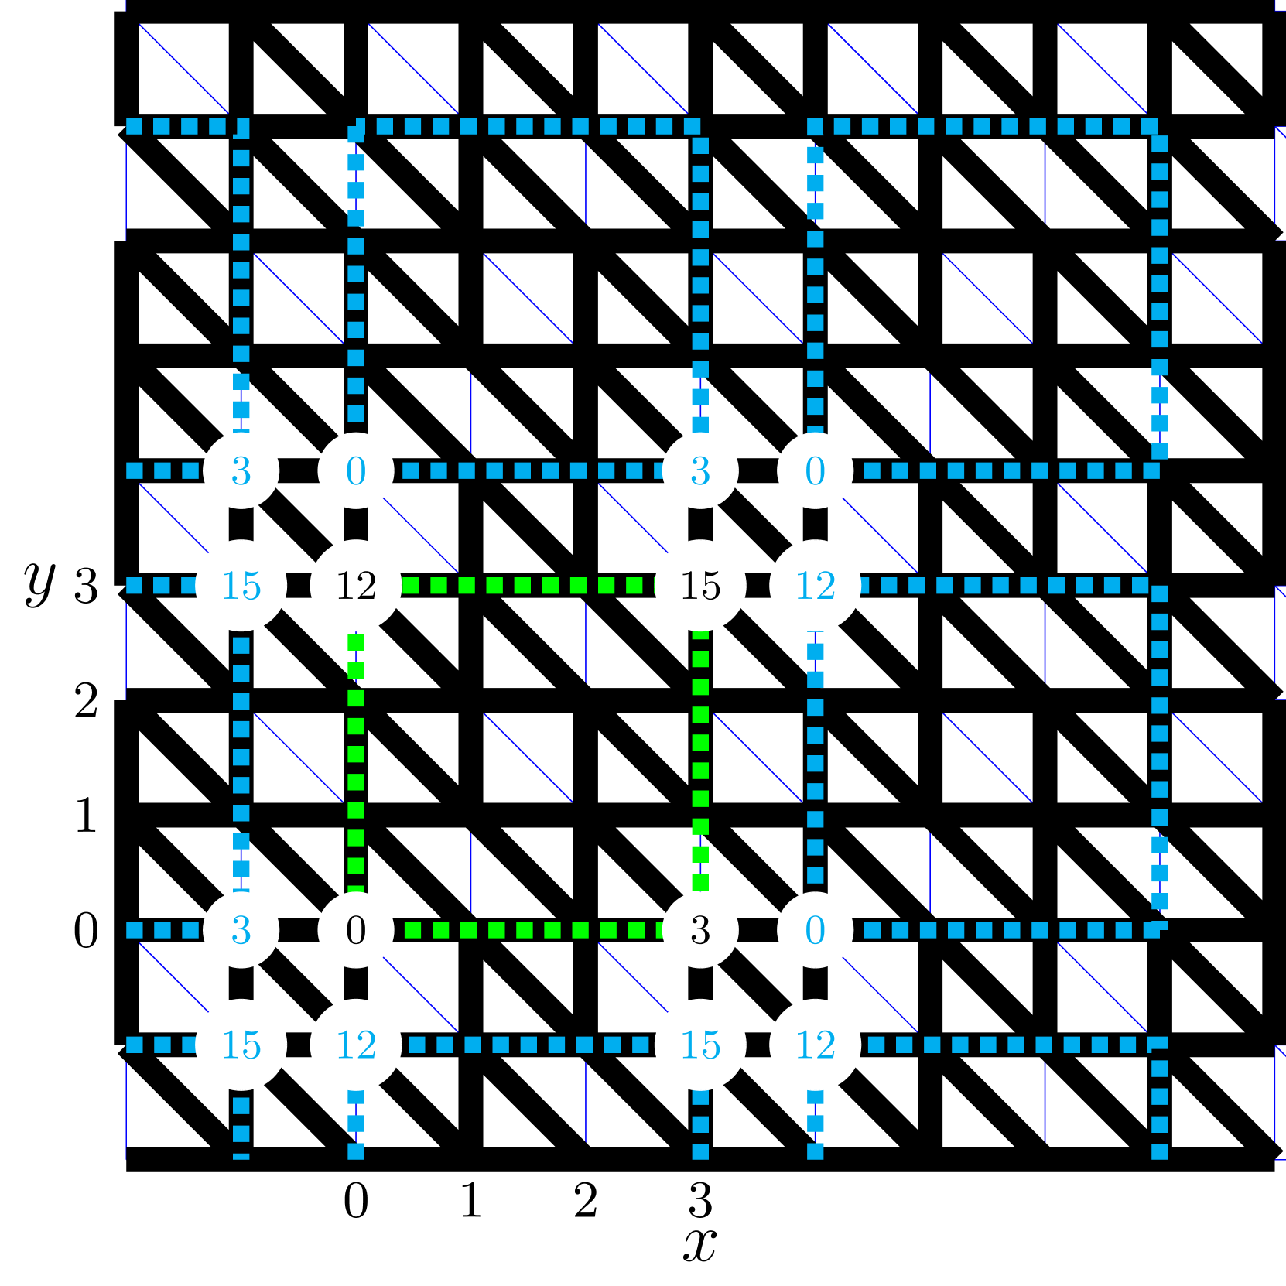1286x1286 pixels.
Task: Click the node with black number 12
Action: pyautogui.click(x=356, y=585)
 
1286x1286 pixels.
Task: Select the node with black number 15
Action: pyautogui.click(x=700, y=585)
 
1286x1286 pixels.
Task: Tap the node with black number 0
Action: pyautogui.click(x=356, y=929)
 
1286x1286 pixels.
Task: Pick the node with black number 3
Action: pyautogui.click(x=700, y=929)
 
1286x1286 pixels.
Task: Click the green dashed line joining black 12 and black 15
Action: pyautogui.click(x=528, y=585)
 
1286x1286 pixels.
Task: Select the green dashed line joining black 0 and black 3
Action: pyautogui.click(x=528, y=929)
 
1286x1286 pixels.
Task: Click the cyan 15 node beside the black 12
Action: pyautogui.click(x=241, y=585)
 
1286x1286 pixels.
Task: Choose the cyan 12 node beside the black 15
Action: pyautogui.click(x=815, y=585)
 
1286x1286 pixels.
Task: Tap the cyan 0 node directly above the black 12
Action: pyautogui.click(x=356, y=470)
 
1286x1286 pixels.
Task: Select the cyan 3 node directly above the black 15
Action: pyautogui.click(x=700, y=470)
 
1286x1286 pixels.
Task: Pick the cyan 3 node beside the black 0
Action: pyautogui.click(x=241, y=929)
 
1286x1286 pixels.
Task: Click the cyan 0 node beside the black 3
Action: pyautogui.click(x=815, y=929)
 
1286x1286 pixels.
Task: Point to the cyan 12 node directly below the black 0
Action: pyautogui.click(x=356, y=1045)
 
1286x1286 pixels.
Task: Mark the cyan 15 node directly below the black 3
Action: pyautogui.click(x=700, y=1045)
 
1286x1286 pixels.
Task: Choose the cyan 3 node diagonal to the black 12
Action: pyautogui.click(x=241, y=470)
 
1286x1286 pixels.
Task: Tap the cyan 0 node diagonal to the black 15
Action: pyautogui.click(x=815, y=470)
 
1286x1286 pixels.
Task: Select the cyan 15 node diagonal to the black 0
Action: pyautogui.click(x=241, y=1045)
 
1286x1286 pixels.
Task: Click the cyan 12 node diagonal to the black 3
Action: pyautogui.click(x=815, y=1045)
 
